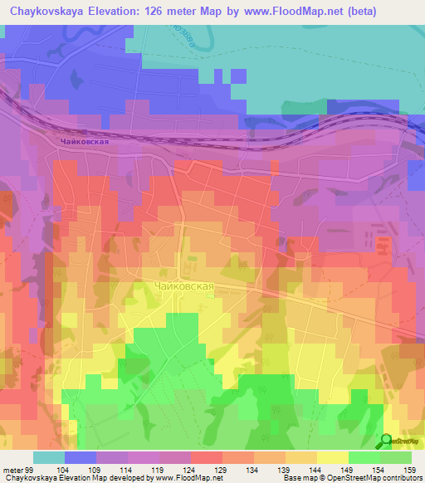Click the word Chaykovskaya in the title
pos(49,11)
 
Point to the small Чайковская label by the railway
pos(85,142)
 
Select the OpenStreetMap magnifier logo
pos(387,442)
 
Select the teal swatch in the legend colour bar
pos(49,457)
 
